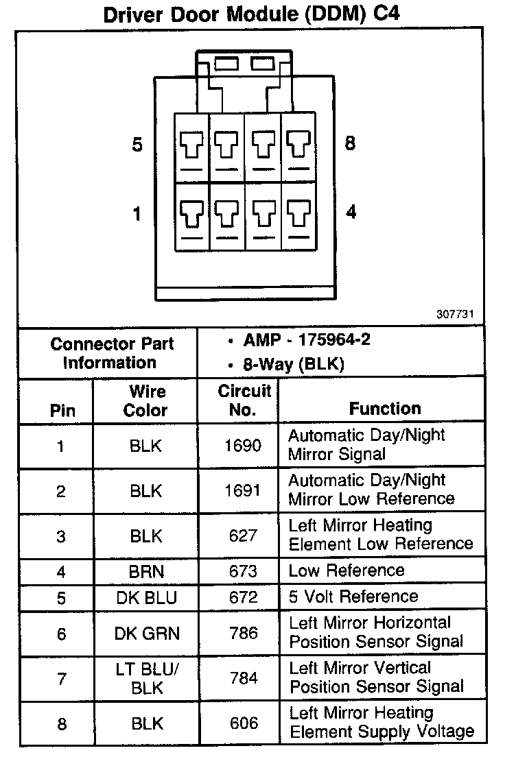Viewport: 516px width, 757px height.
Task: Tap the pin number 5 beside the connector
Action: (x=137, y=145)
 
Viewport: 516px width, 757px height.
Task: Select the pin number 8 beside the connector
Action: (x=350, y=144)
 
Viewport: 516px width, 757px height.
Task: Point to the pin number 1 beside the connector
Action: (x=137, y=215)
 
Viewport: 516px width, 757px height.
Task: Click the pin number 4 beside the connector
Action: (x=351, y=213)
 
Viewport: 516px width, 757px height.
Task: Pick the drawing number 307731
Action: (x=456, y=315)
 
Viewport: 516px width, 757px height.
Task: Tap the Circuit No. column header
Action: (x=244, y=400)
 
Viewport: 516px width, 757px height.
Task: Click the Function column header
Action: (x=385, y=409)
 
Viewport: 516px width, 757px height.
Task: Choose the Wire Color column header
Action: (x=145, y=400)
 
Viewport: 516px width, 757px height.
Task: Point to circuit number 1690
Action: (x=243, y=446)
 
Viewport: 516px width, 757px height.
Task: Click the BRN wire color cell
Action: (x=145, y=570)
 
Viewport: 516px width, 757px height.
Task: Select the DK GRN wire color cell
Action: (x=145, y=634)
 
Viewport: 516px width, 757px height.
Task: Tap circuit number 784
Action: (x=243, y=678)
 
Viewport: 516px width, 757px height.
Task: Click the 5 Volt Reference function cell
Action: (x=353, y=596)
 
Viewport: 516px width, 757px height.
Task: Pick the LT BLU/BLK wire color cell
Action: (x=145, y=678)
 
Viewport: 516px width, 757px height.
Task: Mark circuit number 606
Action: (x=243, y=723)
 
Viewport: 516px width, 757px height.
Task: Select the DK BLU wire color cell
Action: (x=145, y=597)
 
